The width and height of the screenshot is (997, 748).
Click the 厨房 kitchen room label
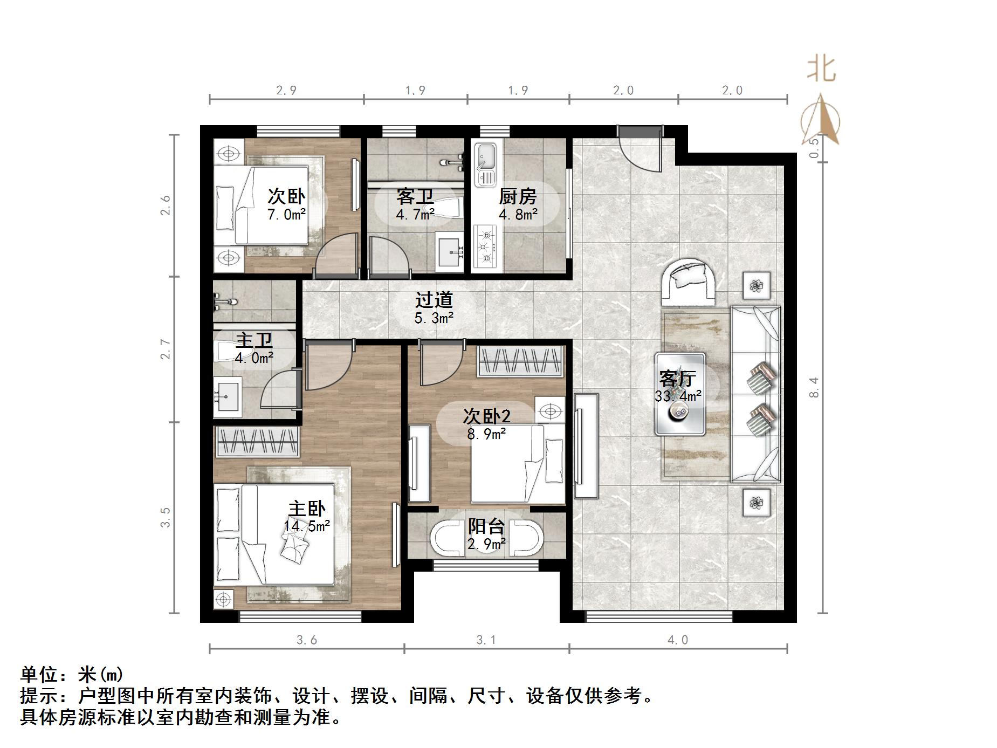[517, 196]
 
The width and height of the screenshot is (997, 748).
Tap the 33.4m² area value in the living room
[678, 396]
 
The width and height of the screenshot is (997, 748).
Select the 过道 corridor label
[434, 300]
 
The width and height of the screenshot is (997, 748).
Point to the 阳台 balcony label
[486, 526]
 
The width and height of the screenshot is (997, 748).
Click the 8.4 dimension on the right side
[814, 387]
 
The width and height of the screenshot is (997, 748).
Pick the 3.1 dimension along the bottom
[486, 640]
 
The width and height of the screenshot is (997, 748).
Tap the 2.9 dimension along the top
[286, 90]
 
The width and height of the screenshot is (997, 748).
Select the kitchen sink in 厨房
[485, 164]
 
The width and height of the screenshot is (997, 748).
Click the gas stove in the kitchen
[485, 247]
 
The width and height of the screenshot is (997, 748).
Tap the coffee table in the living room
[680, 394]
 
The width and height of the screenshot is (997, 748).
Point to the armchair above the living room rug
[689, 280]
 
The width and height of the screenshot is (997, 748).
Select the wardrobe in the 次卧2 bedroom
[520, 361]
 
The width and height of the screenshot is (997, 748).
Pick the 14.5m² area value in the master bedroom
[307, 526]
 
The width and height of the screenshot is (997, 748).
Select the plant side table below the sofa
[756, 503]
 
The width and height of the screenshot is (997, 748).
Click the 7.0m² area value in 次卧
[286, 215]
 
